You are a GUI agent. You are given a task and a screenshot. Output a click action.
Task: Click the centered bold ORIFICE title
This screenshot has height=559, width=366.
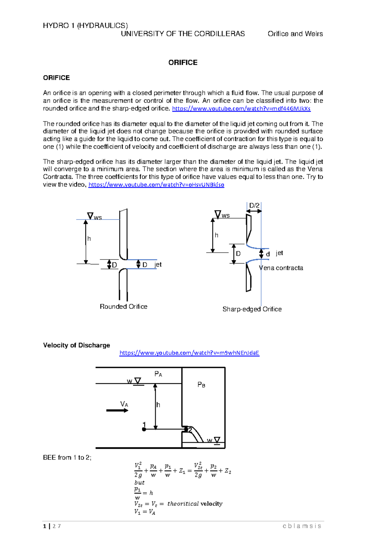pyautogui.click(x=183, y=62)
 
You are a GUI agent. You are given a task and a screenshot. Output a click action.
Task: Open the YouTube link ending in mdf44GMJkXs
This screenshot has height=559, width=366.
pyautogui.click(x=241, y=109)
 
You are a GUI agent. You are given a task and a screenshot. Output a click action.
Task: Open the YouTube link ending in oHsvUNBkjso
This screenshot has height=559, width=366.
pyautogui.click(x=156, y=185)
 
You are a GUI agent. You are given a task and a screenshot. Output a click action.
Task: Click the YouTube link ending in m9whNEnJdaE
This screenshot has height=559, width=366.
pyautogui.click(x=189, y=353)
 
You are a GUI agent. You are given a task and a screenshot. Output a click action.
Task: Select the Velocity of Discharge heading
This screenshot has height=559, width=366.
pyautogui.click(x=77, y=345)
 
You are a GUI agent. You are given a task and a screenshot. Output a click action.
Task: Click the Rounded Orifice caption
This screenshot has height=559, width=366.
pyautogui.click(x=124, y=306)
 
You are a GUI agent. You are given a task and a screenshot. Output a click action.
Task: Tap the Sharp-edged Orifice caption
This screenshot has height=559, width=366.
pyautogui.click(x=252, y=309)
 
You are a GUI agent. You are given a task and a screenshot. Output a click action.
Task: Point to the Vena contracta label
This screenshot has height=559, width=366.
pyautogui.click(x=281, y=268)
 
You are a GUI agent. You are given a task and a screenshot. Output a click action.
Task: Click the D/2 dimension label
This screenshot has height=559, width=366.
pyautogui.click(x=254, y=205)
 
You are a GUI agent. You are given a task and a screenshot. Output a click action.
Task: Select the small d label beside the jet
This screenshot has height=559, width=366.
pyautogui.click(x=268, y=254)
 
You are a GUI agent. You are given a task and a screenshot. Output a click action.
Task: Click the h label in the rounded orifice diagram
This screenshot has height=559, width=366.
pyautogui.click(x=89, y=239)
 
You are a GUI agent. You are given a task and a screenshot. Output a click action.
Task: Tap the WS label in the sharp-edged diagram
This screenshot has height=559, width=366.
pyautogui.click(x=225, y=216)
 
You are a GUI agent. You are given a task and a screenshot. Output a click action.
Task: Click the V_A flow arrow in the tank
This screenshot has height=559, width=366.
pyautogui.click(x=117, y=410)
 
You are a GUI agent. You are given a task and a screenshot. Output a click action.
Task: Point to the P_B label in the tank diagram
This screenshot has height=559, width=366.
pyautogui.click(x=201, y=385)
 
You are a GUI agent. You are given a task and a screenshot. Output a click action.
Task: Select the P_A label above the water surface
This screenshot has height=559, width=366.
pyautogui.click(x=158, y=374)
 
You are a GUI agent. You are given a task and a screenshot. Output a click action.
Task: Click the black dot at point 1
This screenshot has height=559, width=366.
pyautogui.click(x=144, y=429)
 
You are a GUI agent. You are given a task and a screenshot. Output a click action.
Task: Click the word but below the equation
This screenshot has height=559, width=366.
pyautogui.click(x=139, y=483)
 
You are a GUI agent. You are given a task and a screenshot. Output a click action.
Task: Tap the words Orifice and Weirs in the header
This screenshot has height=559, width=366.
pyautogui.click(x=295, y=34)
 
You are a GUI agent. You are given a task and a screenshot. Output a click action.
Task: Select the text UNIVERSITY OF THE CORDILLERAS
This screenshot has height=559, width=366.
pyautogui.click(x=183, y=34)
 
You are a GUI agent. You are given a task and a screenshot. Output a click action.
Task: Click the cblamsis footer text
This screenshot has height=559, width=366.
pyautogui.click(x=302, y=526)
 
